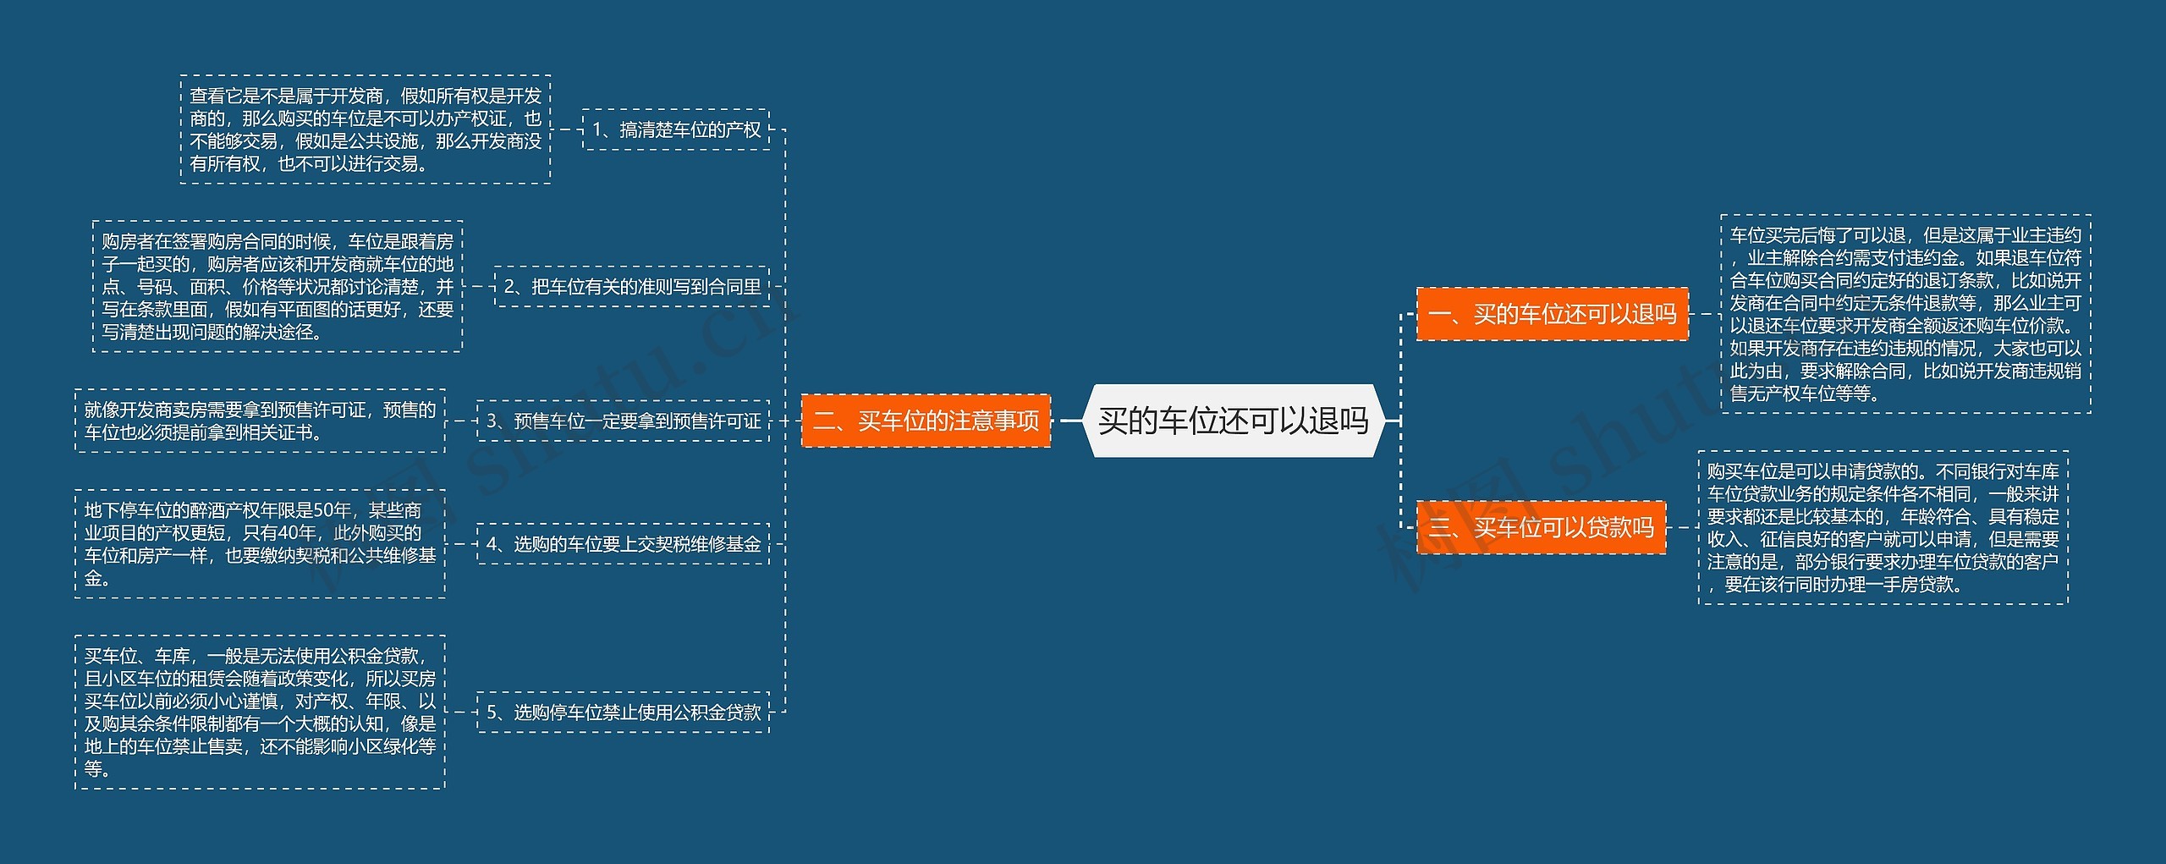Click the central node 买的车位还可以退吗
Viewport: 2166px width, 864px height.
tap(1233, 421)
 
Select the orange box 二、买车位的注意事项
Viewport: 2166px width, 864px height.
tap(926, 421)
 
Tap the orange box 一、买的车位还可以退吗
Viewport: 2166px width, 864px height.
tap(1552, 314)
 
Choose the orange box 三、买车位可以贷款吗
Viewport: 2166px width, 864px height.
tap(1541, 528)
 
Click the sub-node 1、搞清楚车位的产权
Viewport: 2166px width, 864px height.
tap(676, 129)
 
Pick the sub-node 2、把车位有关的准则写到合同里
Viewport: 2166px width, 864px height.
tap(632, 287)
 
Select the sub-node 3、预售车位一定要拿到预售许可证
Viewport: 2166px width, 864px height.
tap(624, 421)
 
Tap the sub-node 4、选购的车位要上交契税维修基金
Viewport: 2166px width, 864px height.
tap(624, 543)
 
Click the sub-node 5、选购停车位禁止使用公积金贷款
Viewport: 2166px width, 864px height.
tap(624, 713)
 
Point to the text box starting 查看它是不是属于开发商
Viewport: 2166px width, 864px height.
tap(366, 129)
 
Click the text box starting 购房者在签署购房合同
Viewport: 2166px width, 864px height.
tap(278, 287)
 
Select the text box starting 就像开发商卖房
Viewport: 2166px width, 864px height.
tap(260, 421)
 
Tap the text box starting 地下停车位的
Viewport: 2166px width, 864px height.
tap(260, 544)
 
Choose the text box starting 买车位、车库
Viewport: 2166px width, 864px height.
tap(260, 713)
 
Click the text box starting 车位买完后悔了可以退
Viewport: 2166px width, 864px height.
tap(1905, 314)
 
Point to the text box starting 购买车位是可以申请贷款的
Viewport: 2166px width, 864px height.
tap(1883, 528)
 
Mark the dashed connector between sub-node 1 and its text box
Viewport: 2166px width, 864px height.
tap(567, 129)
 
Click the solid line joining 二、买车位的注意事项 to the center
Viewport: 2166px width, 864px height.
tap(1070, 421)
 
